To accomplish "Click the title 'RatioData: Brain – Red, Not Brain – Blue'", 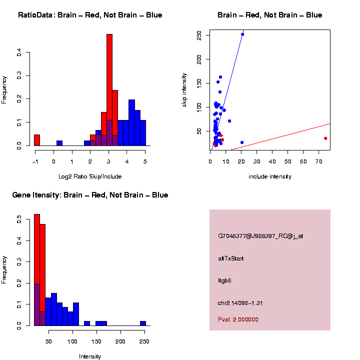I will point(90,15).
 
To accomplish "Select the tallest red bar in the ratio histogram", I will point(109,90).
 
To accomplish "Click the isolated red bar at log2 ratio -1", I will point(37,140).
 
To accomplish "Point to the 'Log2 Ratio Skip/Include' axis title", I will point(90,176).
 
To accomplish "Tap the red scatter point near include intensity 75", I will point(325,138).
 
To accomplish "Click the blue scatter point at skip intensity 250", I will point(242,34).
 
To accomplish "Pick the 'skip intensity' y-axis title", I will point(185,90).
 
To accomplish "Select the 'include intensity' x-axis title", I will point(270,176).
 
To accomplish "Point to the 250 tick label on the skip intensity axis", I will point(199,35).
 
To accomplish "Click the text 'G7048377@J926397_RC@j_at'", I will point(260,236).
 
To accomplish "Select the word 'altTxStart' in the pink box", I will point(231,258).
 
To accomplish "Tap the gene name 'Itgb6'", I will point(224,280).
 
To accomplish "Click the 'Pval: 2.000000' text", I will point(238,319).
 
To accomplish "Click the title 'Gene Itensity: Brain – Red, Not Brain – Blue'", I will point(90,195).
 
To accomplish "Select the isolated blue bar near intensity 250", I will point(143,323).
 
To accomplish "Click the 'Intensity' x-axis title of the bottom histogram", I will point(90,356).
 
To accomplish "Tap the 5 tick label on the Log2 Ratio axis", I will point(145,161).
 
